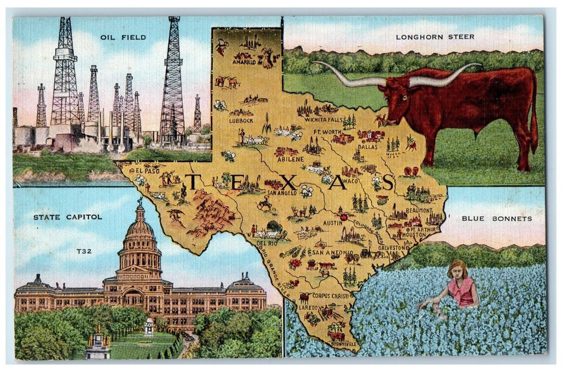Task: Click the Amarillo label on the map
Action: click(244, 62)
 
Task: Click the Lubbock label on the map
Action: click(241, 121)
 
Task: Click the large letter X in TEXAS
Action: click(287, 182)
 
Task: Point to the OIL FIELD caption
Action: click(116, 37)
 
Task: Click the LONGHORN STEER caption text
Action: click(435, 37)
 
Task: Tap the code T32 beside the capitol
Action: click(84, 251)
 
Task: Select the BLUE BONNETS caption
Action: click(496, 218)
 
